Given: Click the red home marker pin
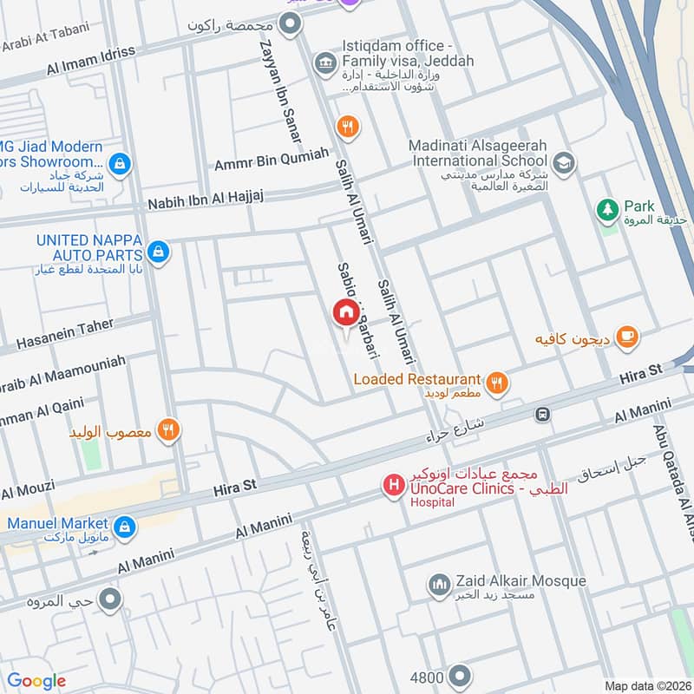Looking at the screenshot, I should [x=345, y=313].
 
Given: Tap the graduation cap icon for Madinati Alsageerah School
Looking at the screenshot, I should [x=564, y=162].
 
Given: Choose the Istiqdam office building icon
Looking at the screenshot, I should [x=325, y=62].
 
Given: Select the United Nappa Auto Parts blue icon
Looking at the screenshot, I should [x=158, y=252].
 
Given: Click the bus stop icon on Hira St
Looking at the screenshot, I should [x=543, y=415].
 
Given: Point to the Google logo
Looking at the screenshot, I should [x=36, y=681].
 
